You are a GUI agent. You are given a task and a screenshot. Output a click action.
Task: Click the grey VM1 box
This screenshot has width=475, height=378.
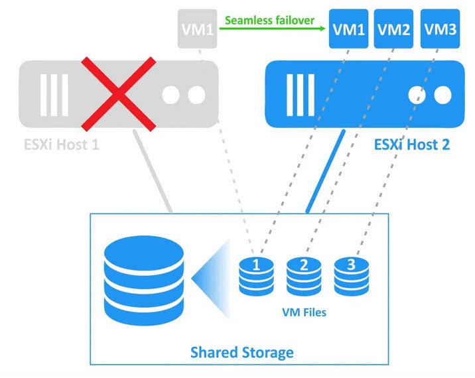(198, 30)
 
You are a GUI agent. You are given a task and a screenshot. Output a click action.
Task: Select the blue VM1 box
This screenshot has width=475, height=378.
(348, 30)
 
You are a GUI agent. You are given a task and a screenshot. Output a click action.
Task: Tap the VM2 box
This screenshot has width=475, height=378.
(395, 30)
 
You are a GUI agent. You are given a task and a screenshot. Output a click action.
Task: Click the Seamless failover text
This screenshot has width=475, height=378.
(269, 20)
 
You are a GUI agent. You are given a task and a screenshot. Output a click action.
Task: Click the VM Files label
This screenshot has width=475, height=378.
(304, 312)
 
